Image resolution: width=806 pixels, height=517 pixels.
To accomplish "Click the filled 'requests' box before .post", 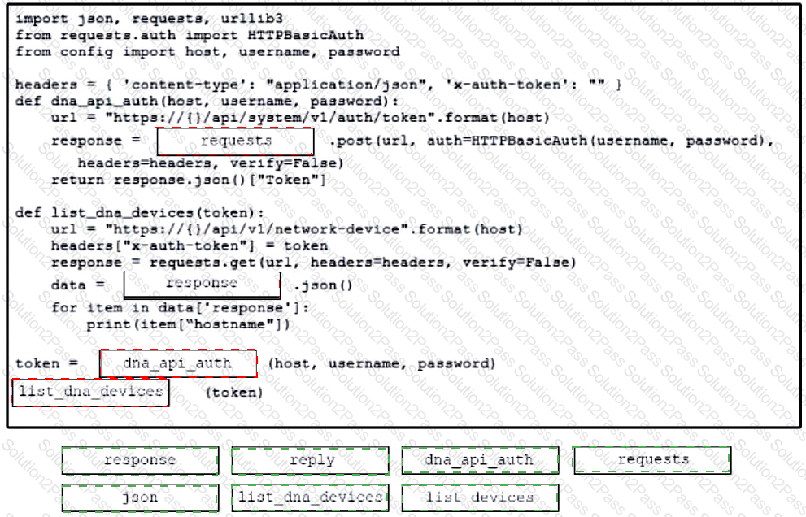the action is [x=235, y=141].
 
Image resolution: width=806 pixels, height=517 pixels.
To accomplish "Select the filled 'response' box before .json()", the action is [x=202, y=285].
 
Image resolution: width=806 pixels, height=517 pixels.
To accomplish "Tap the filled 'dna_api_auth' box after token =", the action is [x=178, y=363].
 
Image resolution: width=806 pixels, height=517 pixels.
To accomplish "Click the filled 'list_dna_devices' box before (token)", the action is [x=90, y=393].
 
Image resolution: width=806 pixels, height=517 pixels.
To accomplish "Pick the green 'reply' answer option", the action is [x=310, y=460].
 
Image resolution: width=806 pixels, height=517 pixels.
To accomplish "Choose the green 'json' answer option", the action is [x=140, y=498].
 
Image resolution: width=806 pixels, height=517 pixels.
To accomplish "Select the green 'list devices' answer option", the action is [x=480, y=498].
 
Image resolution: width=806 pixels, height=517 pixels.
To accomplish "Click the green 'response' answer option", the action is [x=140, y=460].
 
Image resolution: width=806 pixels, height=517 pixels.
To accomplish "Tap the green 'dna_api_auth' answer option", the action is [x=480, y=460].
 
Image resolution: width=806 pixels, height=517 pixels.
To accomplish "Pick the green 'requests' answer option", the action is [x=651, y=460].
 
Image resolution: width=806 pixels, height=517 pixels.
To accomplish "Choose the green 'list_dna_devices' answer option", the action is [x=310, y=498].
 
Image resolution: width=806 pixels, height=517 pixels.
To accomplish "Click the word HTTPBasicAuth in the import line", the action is [x=305, y=35].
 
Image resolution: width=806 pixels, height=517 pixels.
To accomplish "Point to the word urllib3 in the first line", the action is [x=252, y=19].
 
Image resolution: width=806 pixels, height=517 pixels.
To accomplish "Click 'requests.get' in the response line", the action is [x=203, y=263].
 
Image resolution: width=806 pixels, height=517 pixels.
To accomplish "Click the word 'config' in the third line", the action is [x=86, y=52].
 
